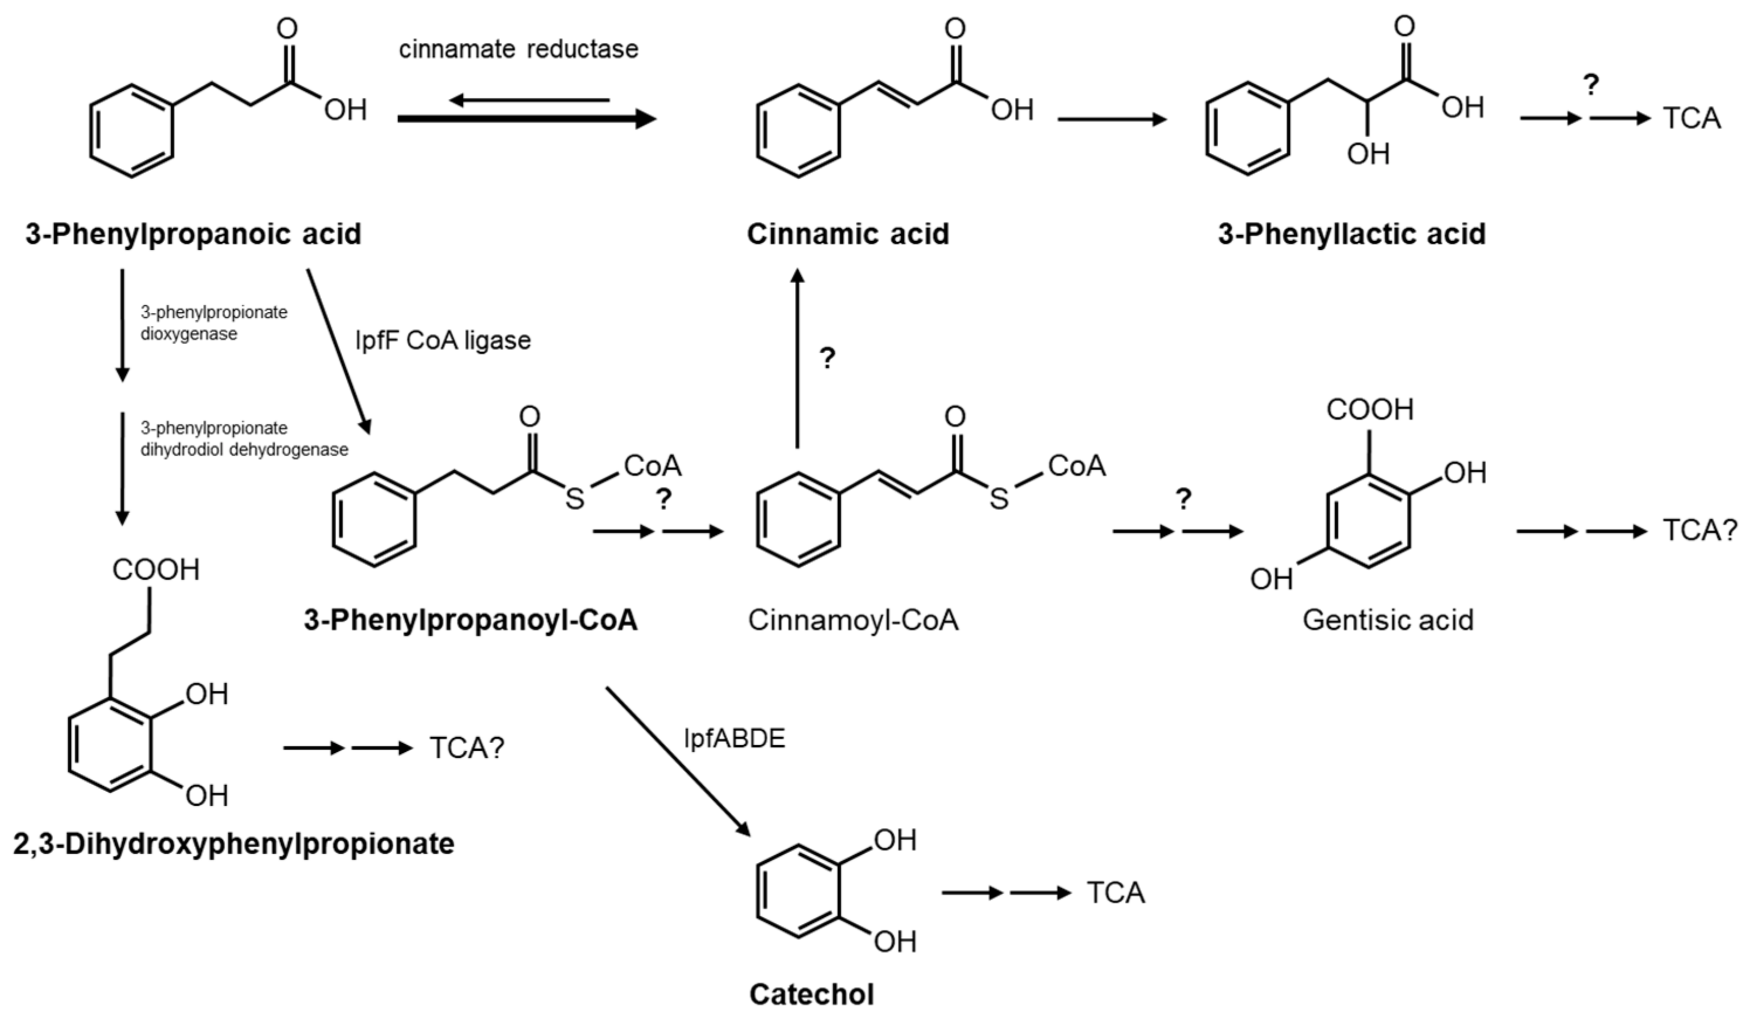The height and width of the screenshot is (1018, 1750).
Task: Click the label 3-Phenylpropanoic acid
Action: (x=193, y=235)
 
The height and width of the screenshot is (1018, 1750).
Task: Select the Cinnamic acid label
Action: (x=848, y=235)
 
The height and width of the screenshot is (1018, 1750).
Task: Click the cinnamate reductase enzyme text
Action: (x=518, y=49)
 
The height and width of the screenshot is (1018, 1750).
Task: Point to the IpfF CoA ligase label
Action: (x=442, y=341)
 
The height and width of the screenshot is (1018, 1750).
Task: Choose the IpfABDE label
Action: (x=734, y=739)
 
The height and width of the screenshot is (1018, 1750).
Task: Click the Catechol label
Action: (x=811, y=995)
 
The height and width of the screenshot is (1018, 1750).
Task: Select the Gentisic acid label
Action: (x=1387, y=620)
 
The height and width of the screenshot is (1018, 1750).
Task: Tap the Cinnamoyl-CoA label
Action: (x=853, y=620)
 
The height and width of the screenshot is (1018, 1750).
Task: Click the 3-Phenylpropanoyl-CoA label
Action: (x=470, y=620)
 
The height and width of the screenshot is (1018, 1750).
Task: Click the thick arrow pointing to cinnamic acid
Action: (x=526, y=119)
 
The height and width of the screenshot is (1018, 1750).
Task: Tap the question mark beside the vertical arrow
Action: (x=827, y=358)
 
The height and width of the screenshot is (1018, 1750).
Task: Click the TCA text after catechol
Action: (x=1115, y=893)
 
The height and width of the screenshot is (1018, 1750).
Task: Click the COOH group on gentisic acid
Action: (x=1369, y=410)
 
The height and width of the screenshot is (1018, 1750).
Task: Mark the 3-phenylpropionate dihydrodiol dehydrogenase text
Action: (x=244, y=439)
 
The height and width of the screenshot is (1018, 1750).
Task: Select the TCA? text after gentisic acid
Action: (x=1699, y=531)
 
